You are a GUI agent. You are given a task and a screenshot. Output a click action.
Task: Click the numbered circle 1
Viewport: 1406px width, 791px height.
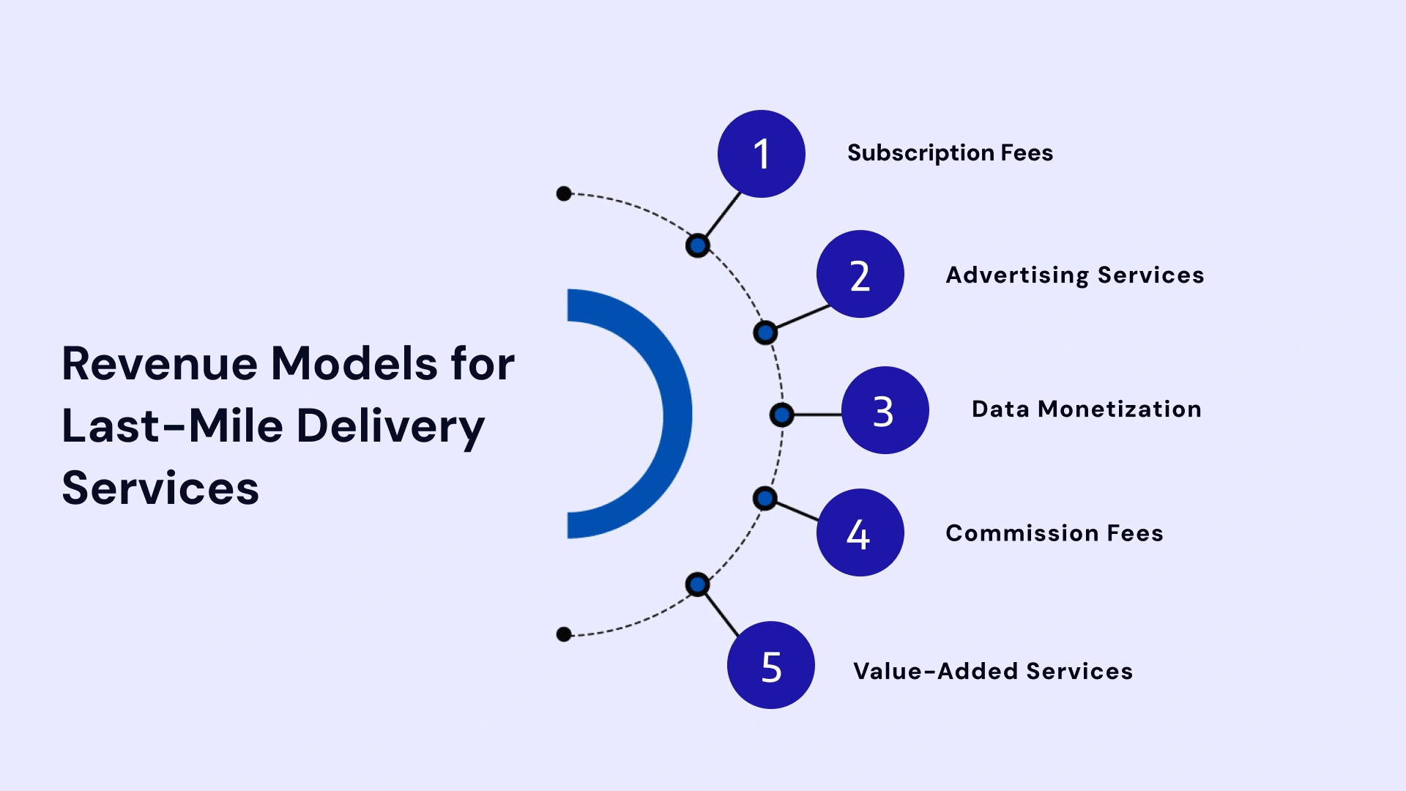761,154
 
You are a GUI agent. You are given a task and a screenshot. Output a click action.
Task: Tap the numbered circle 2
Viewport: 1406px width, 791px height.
860,275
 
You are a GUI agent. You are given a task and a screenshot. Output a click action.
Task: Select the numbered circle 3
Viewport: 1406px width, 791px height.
885,410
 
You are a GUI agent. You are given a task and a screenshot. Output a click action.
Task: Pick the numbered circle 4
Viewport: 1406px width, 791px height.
860,532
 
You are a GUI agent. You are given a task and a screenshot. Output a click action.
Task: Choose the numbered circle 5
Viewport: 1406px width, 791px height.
770,665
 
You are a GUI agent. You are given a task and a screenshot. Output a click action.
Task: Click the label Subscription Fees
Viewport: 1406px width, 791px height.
950,153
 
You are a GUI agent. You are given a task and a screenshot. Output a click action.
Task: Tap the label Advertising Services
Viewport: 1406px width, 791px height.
1074,275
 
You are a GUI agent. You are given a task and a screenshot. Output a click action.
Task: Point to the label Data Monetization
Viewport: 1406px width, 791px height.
1086,409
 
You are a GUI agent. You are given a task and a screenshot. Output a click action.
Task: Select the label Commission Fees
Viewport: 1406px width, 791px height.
1054,533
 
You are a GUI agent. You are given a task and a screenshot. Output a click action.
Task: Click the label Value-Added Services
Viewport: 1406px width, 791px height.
992,671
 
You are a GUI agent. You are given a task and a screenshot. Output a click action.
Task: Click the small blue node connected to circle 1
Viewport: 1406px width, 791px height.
698,245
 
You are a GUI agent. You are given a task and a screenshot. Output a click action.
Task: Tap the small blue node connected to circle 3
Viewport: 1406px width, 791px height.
781,415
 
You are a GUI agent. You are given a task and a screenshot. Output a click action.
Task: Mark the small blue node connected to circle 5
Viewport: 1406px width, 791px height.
697,584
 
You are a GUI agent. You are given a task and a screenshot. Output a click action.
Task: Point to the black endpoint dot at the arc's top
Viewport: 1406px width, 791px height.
564,193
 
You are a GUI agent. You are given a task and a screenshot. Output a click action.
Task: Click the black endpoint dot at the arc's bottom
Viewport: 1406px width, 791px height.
564,634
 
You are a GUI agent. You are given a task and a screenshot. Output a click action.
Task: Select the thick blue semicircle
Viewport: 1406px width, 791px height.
677,414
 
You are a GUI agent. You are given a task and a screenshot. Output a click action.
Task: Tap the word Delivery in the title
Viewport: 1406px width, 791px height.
390,426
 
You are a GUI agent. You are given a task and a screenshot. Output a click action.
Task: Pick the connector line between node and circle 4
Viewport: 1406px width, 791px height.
797,511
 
